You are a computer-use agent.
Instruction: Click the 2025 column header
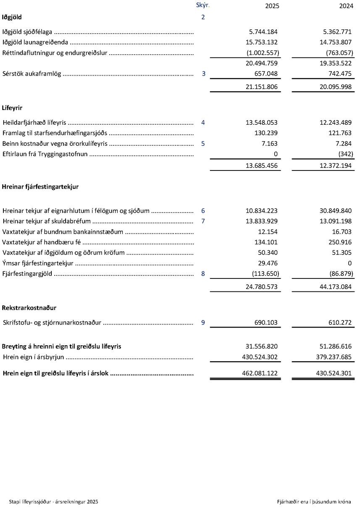272,6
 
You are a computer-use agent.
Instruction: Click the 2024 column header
346,6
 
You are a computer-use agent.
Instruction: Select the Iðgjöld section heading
12,17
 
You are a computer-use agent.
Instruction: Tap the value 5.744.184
262,32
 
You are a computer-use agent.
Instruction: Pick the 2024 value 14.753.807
335,42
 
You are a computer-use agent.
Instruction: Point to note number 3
203,74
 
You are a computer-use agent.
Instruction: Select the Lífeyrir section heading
12,108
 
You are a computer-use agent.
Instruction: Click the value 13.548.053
262,123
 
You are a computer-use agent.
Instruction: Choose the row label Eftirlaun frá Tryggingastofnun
45,154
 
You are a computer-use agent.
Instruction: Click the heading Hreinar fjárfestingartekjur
40,187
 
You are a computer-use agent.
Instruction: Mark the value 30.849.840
335,211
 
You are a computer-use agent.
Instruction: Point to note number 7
203,221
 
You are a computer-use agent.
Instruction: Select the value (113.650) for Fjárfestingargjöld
265,274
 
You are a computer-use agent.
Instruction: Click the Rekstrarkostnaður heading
29,308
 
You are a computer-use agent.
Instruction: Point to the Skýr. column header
202,5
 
